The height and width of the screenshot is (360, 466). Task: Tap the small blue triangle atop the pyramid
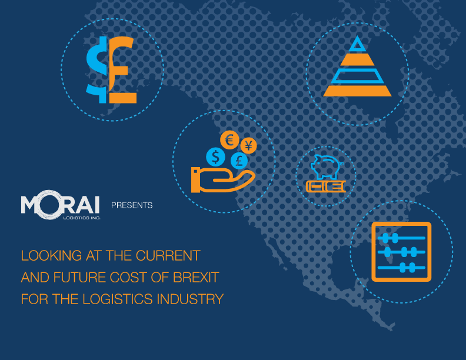pos(357,44)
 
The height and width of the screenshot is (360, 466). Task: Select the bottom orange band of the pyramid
pos(357,91)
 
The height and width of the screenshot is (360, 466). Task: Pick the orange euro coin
pos(229,140)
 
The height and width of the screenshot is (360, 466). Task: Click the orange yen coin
pos(248,146)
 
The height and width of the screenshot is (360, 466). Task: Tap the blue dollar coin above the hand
pos(216,157)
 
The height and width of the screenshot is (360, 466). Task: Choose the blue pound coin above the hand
pos(239,161)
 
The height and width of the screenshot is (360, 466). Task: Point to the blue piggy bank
pos(325,166)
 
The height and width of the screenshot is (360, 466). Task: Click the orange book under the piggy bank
pos(326,186)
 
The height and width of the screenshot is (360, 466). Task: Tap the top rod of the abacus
pos(401,238)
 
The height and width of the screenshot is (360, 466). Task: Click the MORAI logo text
pos(60,204)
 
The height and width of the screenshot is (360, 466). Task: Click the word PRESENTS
pos(132,205)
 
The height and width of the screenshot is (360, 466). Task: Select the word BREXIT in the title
pos(196,278)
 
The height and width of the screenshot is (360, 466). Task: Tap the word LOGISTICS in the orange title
pos(118,299)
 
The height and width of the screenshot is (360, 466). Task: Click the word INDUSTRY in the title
pos(190,299)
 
